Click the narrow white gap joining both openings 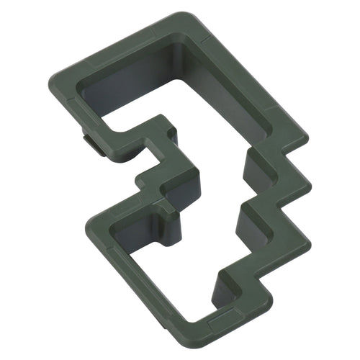click(x=216, y=194)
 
